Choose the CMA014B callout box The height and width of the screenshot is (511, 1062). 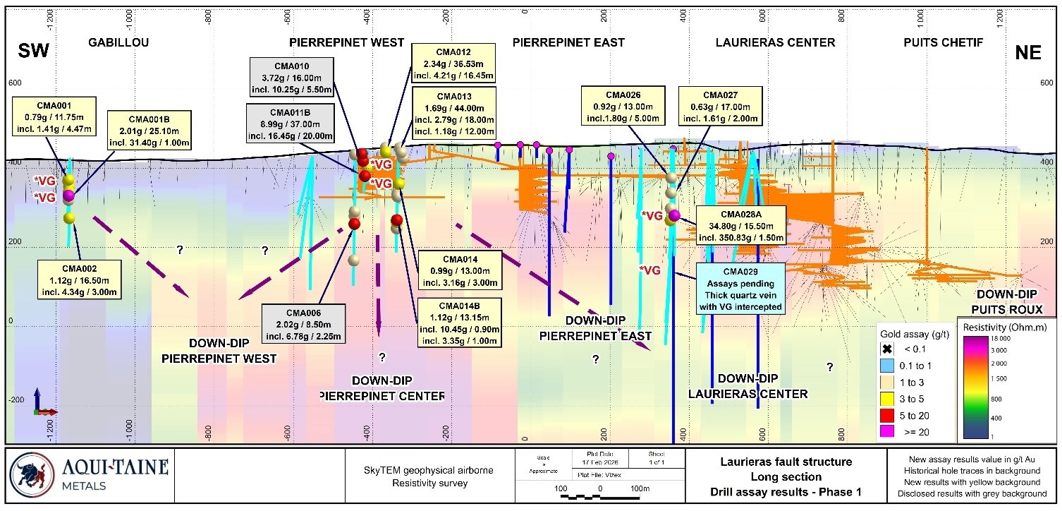tap(459, 322)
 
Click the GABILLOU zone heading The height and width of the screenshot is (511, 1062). tap(118, 42)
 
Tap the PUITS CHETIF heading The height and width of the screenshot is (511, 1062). tap(943, 42)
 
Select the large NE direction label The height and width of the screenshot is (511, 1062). tap(1027, 53)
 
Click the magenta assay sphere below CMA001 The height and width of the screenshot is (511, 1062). tap(68, 195)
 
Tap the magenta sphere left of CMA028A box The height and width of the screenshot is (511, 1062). tap(674, 215)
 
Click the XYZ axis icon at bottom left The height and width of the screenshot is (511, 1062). tap(44, 404)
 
